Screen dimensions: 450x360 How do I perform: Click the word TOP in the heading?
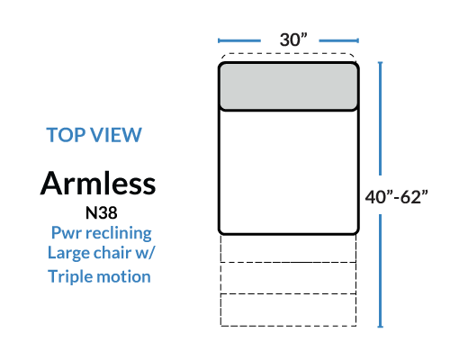click(x=66, y=135)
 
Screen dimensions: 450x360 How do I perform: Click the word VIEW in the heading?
click(x=116, y=135)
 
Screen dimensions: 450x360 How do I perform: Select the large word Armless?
click(x=98, y=184)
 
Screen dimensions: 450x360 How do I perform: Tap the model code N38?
click(x=102, y=212)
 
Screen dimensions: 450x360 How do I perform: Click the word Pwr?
click(x=67, y=233)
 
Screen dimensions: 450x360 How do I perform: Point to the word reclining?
click(x=119, y=233)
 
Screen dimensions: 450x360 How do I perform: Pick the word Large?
click(x=68, y=253)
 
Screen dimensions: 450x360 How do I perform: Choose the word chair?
click(x=112, y=252)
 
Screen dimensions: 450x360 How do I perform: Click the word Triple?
click(x=69, y=276)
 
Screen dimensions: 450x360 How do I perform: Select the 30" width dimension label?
click(x=293, y=40)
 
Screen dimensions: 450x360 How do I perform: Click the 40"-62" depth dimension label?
click(x=396, y=197)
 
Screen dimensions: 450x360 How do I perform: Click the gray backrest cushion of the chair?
click(x=289, y=86)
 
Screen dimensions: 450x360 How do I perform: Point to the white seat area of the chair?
click(x=289, y=171)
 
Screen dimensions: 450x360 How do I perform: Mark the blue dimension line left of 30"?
click(x=239, y=40)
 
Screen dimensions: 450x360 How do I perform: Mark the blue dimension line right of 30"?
click(x=339, y=40)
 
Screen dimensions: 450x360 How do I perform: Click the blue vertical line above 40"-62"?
click(x=381, y=119)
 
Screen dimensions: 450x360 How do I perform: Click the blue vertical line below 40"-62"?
click(x=381, y=271)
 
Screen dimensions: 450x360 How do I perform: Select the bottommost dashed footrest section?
click(x=288, y=310)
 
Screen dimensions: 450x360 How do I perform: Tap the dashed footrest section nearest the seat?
click(x=288, y=248)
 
